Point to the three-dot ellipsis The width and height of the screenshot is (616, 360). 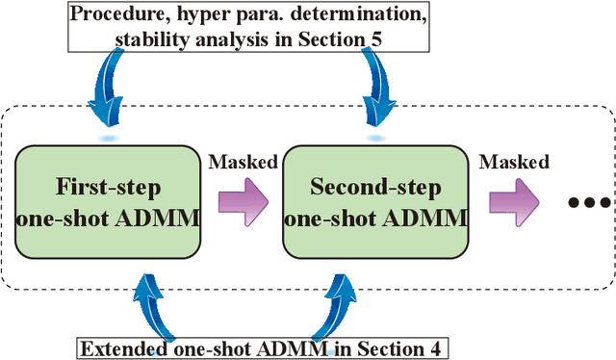point(588,203)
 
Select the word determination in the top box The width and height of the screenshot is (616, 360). point(358,14)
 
